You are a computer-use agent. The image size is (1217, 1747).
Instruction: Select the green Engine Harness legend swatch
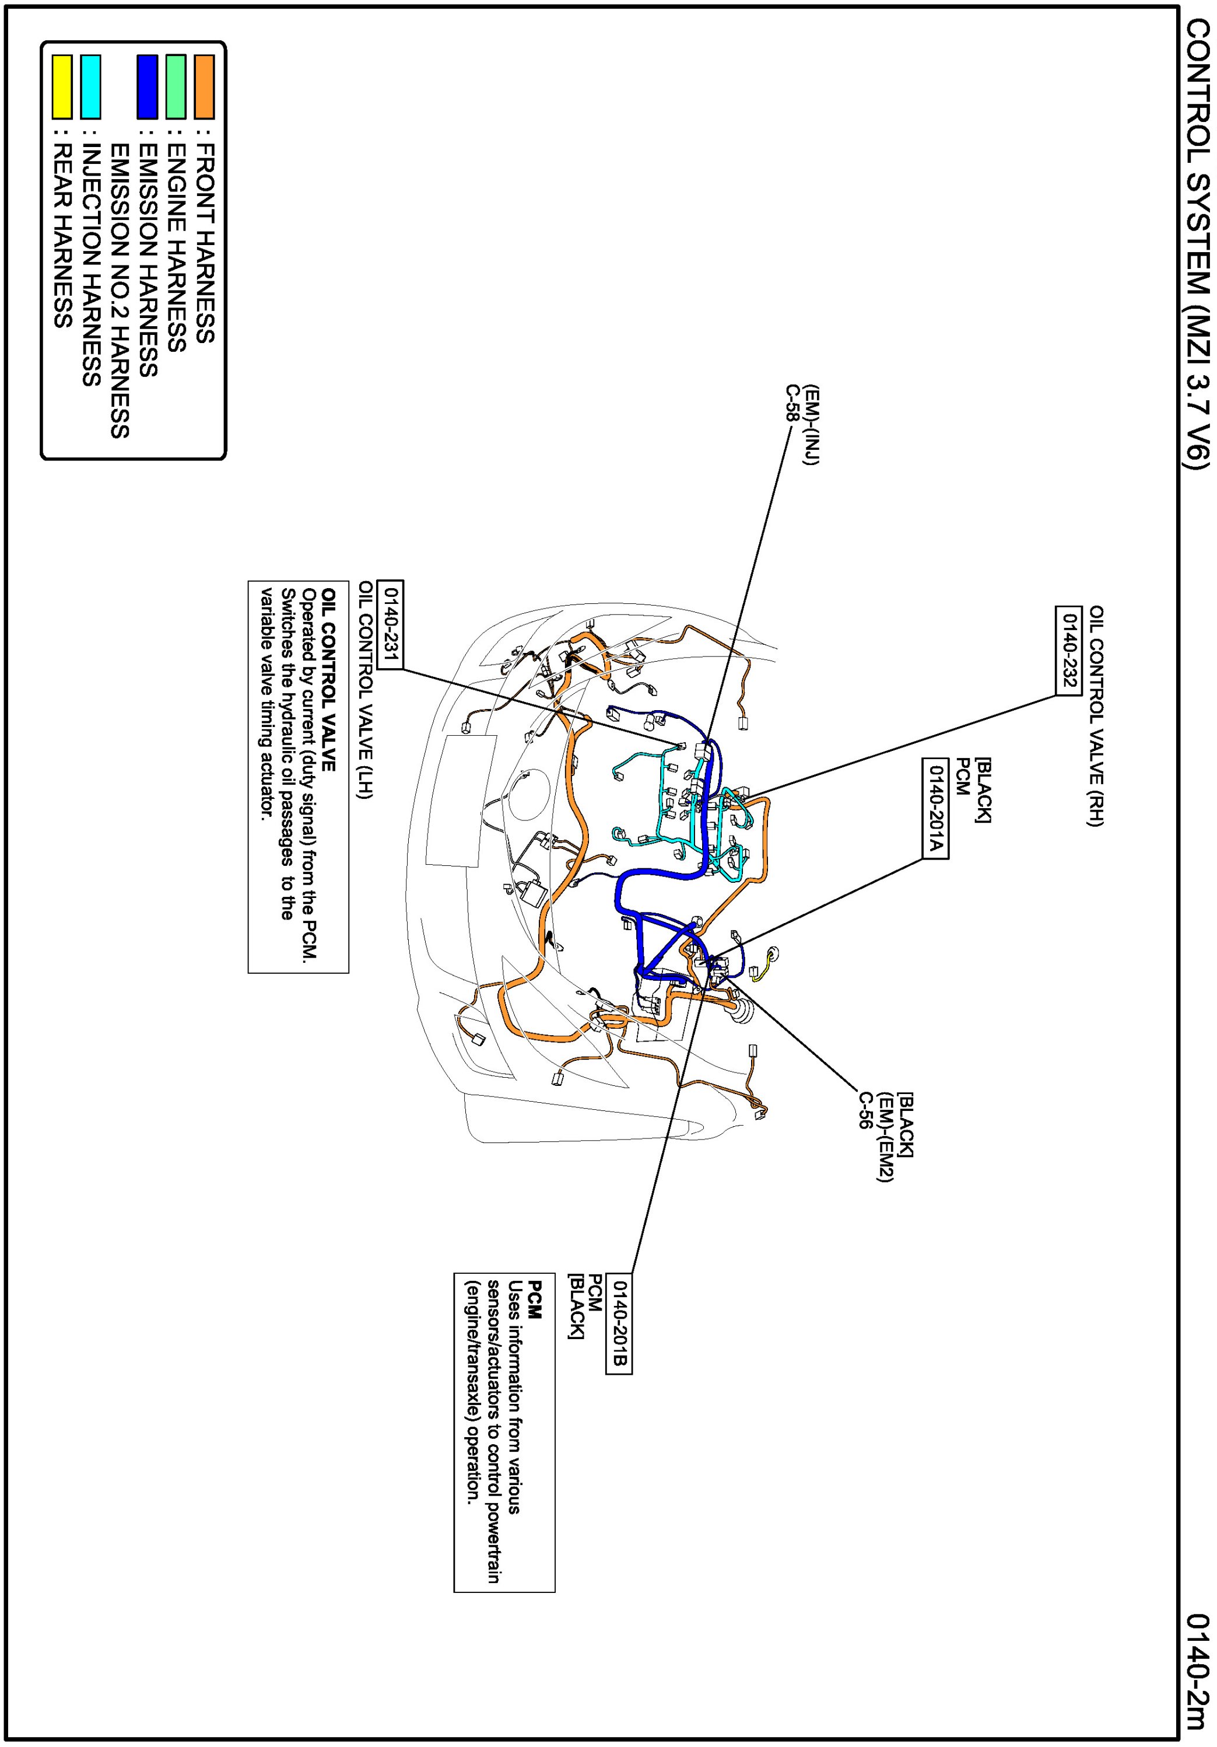176,87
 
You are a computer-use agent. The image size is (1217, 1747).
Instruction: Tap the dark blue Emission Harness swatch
148,87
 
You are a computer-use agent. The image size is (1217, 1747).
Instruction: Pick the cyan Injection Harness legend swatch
90,87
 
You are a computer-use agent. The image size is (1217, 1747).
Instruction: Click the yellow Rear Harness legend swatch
62,87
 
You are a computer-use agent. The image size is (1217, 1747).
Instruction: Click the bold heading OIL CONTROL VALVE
328,679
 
